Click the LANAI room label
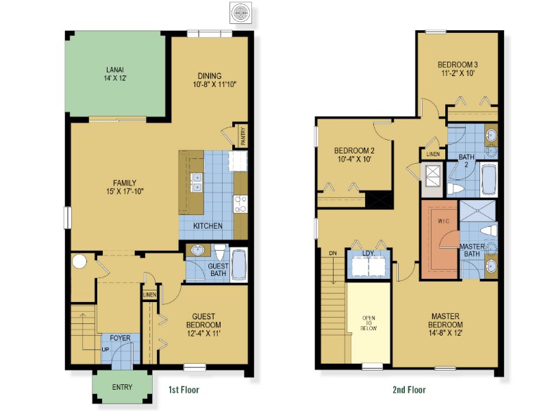[x=115, y=70]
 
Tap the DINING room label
[x=210, y=75]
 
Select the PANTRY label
[x=243, y=136]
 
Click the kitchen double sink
[x=196, y=182]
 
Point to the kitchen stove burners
[x=240, y=204]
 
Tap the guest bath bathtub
[x=238, y=264]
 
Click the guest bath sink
[x=198, y=250]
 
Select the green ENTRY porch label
[x=122, y=387]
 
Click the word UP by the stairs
[x=105, y=349]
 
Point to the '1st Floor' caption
[x=184, y=389]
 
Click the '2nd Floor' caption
[x=409, y=389]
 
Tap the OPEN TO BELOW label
[x=369, y=323]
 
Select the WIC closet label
[x=443, y=221]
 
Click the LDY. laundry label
[x=369, y=253]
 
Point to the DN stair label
[x=333, y=253]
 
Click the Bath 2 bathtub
[x=489, y=178]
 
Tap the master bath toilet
[x=488, y=230]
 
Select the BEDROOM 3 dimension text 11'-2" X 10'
[x=458, y=73]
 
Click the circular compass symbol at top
[x=240, y=12]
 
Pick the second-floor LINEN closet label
[x=434, y=154]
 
